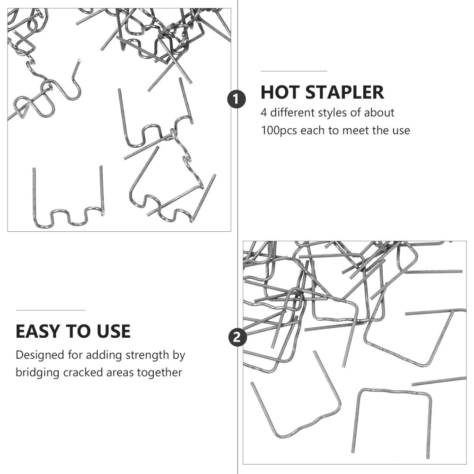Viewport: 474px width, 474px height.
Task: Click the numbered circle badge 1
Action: click(237, 99)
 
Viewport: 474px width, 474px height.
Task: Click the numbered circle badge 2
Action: click(237, 337)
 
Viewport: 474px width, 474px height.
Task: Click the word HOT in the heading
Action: click(280, 92)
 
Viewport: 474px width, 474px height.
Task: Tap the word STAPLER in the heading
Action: click(345, 92)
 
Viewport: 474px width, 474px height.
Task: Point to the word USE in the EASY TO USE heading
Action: click(114, 331)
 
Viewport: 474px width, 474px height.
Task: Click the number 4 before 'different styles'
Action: click(263, 113)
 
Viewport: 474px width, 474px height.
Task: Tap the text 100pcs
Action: click(279, 131)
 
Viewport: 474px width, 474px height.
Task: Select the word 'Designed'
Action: click(40, 355)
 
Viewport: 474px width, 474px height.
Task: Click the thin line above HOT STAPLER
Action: click(294, 71)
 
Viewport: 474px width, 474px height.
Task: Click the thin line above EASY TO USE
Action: click(51, 310)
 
